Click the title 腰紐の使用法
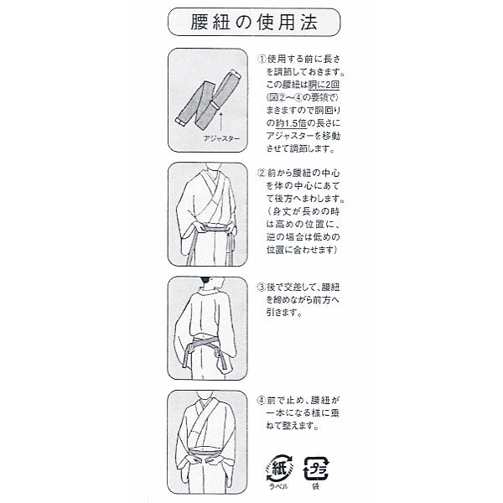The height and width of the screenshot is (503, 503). click(254, 22)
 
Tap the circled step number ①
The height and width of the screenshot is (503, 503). click(262, 59)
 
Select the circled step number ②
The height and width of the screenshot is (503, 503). click(262, 173)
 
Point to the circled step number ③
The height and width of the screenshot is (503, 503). click(262, 287)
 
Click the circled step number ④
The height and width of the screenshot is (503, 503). click(262, 401)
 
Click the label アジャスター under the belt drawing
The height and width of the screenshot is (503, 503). click(221, 138)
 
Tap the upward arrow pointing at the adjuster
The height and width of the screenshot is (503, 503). click(220, 122)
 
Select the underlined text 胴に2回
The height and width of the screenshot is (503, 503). click(324, 85)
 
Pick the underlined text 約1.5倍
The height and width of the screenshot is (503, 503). click(291, 123)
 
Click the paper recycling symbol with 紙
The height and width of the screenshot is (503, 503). click(279, 469)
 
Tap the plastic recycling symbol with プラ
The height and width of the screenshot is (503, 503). click(316, 469)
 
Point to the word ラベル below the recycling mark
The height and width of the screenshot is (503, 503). click(279, 486)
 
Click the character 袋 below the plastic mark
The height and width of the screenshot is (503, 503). click(316, 486)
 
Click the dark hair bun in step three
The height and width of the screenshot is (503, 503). click(205, 280)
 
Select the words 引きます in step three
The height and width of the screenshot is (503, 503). click(284, 313)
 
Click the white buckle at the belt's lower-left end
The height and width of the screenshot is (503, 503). click(180, 122)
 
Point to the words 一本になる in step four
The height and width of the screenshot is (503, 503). click(288, 413)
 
